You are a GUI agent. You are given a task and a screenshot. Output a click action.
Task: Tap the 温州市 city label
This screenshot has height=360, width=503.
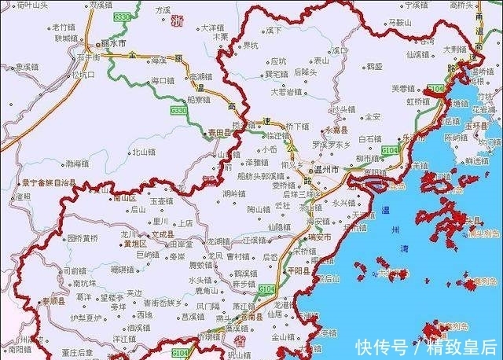click(325, 169)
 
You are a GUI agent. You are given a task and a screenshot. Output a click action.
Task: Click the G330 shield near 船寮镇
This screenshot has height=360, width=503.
click(178, 112)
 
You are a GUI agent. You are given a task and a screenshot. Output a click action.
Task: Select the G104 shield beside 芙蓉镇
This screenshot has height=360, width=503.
click(435, 89)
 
